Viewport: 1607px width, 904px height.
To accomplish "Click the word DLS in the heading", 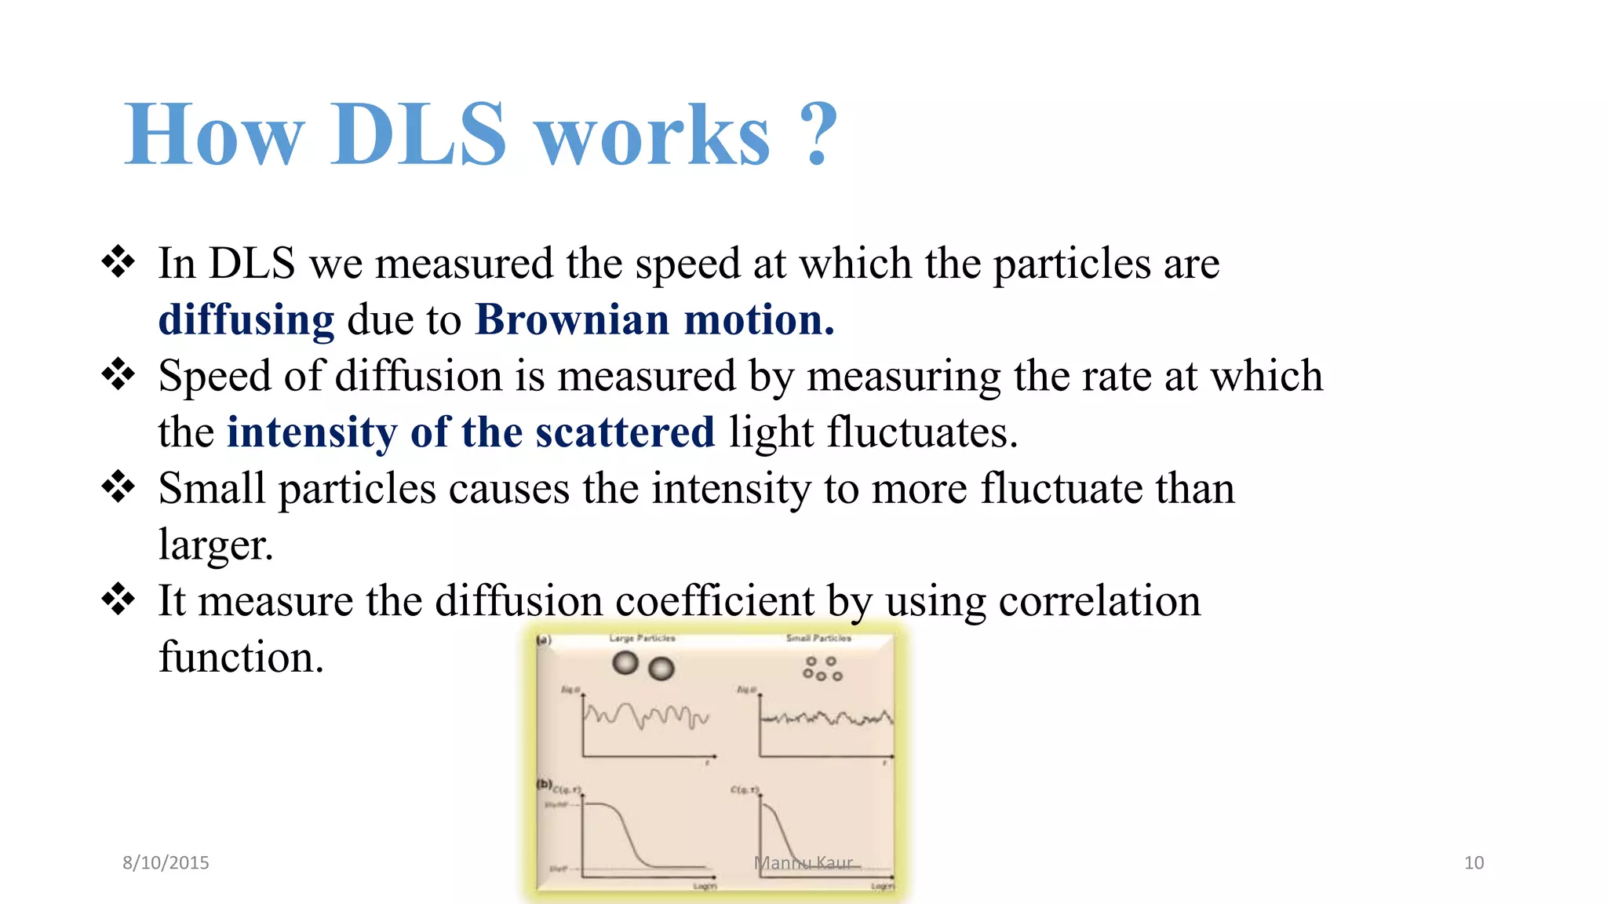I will point(417,135).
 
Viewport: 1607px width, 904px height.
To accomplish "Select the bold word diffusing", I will point(246,320).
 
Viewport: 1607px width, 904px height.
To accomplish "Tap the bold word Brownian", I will point(572,319).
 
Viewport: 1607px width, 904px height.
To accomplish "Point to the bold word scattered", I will point(625,432).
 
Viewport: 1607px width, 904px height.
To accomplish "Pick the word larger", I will point(215,545).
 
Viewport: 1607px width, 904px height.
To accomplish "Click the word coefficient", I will point(715,601).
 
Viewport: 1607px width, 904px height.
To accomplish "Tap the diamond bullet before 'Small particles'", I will point(118,487).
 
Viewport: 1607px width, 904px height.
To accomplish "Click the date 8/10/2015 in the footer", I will point(166,862).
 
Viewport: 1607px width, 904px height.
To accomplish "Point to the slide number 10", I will point(1474,862).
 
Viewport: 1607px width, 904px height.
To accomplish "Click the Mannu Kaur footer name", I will point(803,863).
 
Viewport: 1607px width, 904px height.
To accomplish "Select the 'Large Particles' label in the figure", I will point(642,638).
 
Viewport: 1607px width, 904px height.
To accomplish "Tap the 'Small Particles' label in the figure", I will point(818,638).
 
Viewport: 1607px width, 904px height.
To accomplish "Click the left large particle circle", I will point(625,663).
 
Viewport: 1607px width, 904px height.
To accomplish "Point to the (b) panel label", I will point(544,784).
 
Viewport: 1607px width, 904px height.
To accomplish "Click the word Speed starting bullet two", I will point(213,376).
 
